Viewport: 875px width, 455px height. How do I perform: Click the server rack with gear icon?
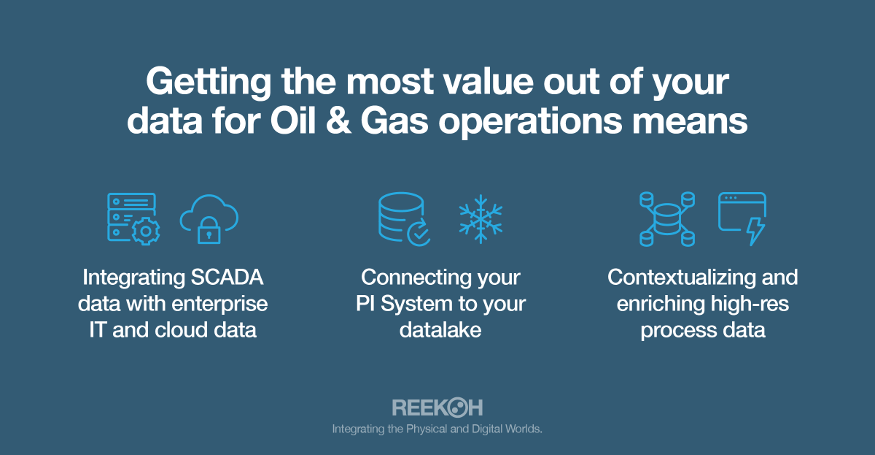click(133, 218)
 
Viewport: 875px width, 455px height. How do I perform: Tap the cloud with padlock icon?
click(209, 218)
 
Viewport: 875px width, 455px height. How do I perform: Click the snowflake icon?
click(481, 218)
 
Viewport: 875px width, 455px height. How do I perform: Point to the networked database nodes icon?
click(666, 218)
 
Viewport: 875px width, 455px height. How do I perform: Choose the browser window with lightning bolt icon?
click(742, 218)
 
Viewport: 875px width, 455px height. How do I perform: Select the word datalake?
click(440, 329)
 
